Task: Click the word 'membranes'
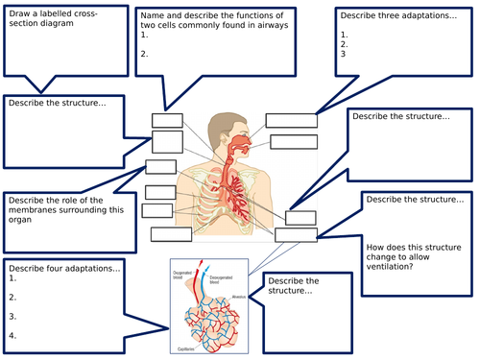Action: pyautogui.click(x=34, y=210)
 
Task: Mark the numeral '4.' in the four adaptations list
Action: pyautogui.click(x=12, y=336)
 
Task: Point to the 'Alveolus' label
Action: pyautogui.click(x=239, y=298)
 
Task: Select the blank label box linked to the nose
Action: pyautogui.click(x=291, y=120)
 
